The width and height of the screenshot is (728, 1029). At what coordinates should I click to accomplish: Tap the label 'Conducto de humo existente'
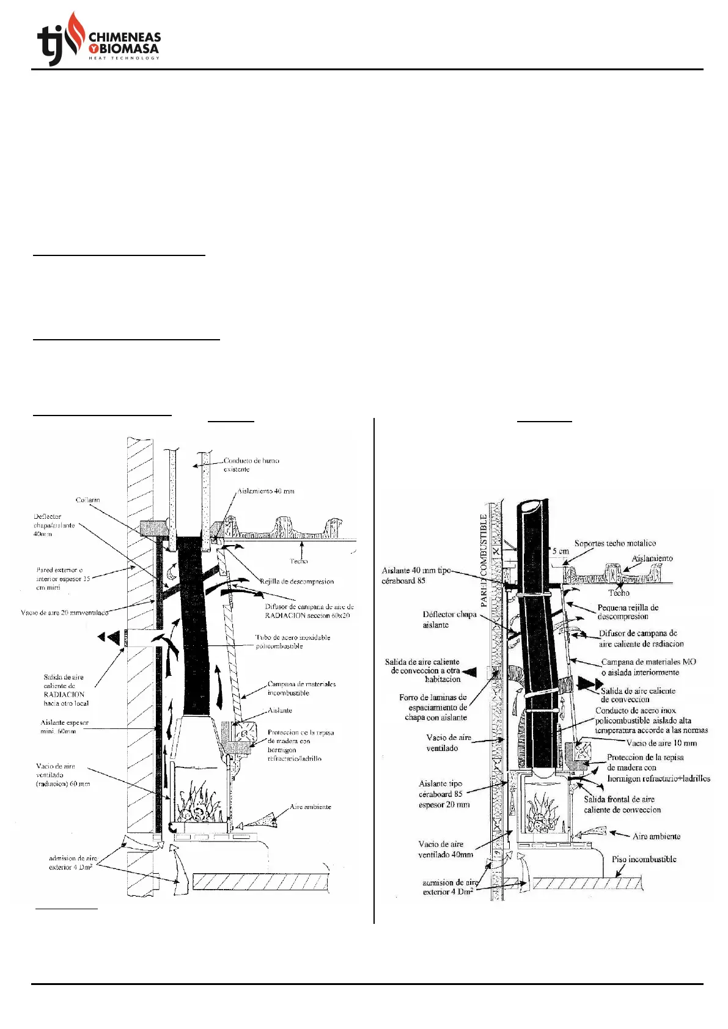(251, 465)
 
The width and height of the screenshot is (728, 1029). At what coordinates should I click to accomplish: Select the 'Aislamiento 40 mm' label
(265, 491)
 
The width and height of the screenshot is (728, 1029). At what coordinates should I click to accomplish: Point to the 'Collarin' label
(88, 500)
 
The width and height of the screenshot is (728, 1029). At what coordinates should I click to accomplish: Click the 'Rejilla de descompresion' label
(296, 581)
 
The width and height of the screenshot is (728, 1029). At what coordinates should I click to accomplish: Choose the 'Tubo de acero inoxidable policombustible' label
(292, 642)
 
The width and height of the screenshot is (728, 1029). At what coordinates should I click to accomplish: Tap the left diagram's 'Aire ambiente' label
(311, 807)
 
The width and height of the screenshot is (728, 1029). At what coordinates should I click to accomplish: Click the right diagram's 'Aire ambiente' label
(656, 836)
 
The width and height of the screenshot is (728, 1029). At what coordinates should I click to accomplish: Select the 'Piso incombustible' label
(644, 859)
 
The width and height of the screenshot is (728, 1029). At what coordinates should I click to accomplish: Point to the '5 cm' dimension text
(560, 551)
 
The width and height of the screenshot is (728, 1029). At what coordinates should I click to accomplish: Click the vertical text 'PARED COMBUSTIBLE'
(484, 560)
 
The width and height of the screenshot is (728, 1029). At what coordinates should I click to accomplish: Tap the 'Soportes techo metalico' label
(614, 543)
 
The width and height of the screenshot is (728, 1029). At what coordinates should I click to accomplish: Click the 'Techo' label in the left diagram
(299, 561)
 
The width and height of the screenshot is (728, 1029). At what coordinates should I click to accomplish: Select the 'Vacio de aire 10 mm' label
(661, 743)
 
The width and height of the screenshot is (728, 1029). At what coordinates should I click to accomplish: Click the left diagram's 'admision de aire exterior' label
(73, 862)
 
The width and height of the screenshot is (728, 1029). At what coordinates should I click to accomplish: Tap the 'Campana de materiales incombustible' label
(301, 689)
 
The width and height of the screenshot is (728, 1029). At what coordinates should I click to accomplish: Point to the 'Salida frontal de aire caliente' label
(622, 804)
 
